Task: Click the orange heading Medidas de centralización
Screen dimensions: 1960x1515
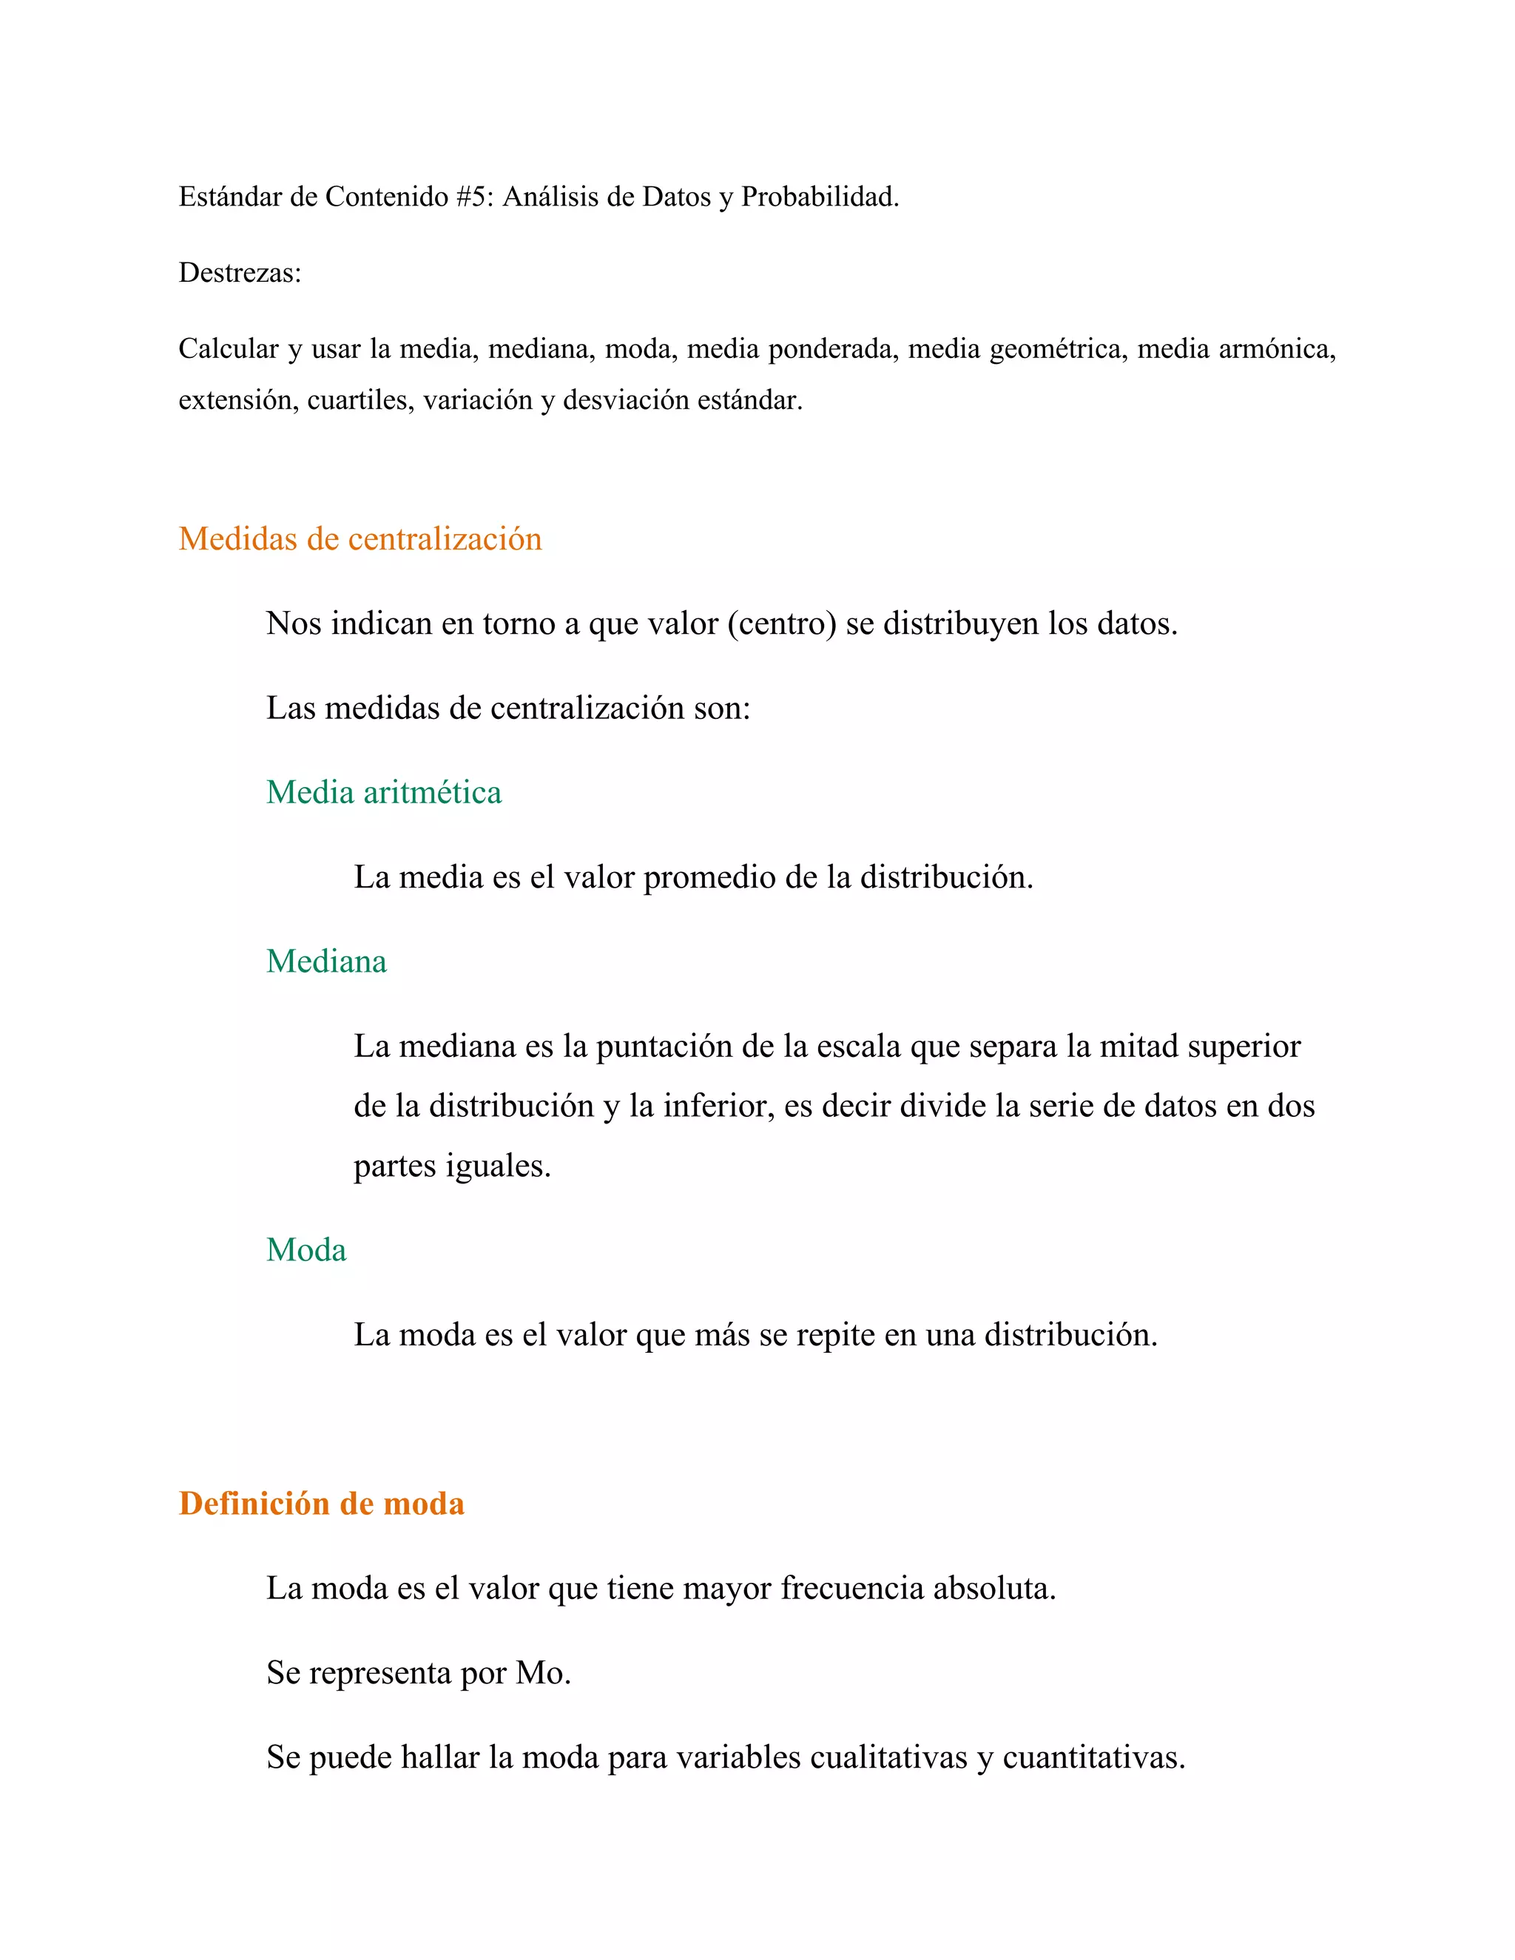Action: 360,538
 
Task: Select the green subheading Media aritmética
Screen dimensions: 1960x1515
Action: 383,792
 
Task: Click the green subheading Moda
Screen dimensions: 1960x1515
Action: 306,1250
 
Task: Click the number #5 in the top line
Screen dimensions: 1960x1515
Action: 471,197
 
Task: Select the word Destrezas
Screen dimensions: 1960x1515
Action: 239,273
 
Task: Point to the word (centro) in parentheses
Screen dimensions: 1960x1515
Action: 782,624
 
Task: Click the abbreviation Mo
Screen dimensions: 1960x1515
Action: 541,1673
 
